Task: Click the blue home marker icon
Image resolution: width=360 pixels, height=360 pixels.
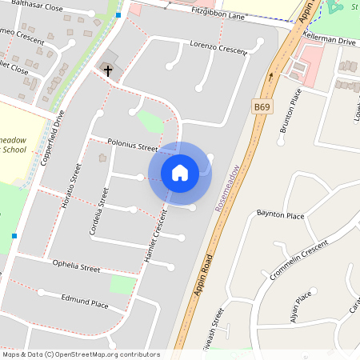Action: [180, 173]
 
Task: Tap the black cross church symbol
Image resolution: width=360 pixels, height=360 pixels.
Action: [107, 70]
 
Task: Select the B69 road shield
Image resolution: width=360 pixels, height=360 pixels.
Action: [262, 106]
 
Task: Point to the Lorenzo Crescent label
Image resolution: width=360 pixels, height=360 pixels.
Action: [217, 48]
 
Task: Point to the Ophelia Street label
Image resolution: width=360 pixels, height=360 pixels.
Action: [76, 266]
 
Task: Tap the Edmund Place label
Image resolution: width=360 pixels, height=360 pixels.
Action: [85, 301]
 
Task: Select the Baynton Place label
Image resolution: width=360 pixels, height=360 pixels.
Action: [280, 215]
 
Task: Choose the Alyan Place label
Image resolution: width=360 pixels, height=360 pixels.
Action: [302, 308]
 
